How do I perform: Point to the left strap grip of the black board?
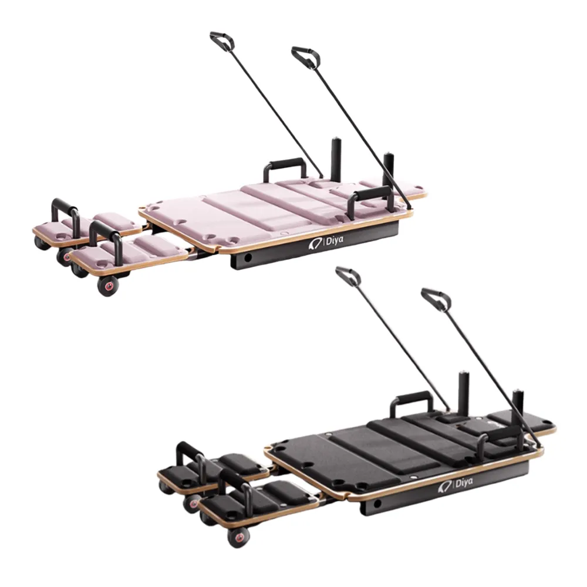click(348, 275)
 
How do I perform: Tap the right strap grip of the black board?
click(436, 299)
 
